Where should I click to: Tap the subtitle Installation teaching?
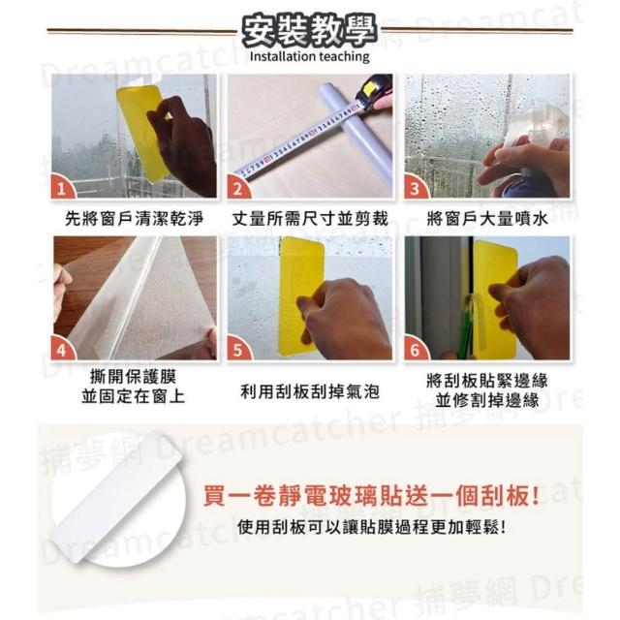pos(310,56)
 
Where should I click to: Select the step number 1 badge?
pos(62,187)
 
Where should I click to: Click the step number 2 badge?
pos(238,187)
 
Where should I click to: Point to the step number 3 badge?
pos(416,187)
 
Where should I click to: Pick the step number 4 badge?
pos(62,350)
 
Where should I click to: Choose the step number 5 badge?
pos(238,350)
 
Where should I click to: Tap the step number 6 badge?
pos(416,350)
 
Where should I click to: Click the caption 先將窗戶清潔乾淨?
pos(134,219)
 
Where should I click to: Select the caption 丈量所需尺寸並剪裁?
pos(310,219)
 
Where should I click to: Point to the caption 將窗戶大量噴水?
pos(487,219)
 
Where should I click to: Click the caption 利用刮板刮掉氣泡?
pos(310,391)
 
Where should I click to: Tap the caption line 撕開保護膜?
pos(134,377)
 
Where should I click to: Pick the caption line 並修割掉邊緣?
pos(487,400)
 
